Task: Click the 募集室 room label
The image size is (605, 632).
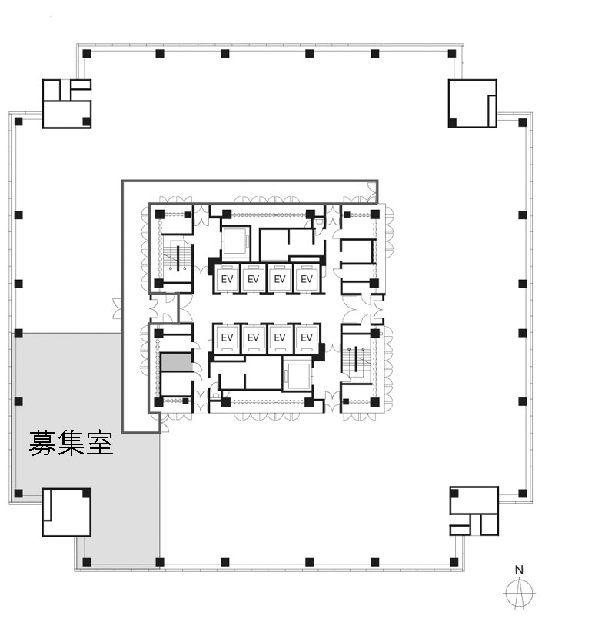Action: (x=71, y=443)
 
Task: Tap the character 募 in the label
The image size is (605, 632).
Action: (x=42, y=443)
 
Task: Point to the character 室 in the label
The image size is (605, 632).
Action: (x=100, y=443)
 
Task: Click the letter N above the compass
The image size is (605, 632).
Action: (x=519, y=570)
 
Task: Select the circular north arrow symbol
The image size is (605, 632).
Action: (x=520, y=593)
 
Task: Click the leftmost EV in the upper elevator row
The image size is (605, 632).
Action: (x=227, y=279)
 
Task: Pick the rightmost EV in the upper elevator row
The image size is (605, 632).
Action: (x=307, y=279)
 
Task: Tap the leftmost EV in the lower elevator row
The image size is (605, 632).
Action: (x=227, y=338)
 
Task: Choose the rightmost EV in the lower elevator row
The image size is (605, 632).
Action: (x=307, y=338)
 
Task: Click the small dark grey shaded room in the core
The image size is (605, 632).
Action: (x=176, y=362)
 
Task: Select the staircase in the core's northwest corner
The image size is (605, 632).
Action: (x=177, y=257)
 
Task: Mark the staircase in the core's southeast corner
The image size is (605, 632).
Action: (x=356, y=359)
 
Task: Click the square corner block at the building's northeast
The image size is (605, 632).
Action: (x=472, y=104)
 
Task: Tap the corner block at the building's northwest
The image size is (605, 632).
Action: (x=67, y=104)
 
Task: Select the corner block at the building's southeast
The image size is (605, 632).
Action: (x=474, y=511)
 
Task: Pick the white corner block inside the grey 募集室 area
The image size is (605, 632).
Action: (x=67, y=512)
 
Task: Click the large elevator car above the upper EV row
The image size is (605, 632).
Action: (x=235, y=243)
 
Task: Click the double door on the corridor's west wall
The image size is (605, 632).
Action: (x=118, y=309)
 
